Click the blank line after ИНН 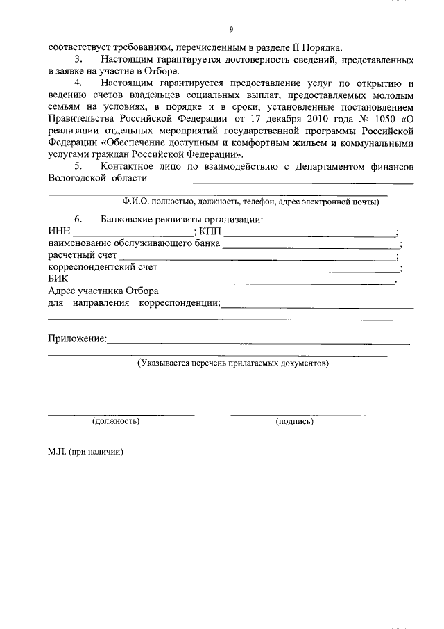pyautogui.click(x=133, y=234)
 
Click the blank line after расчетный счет pyautogui.click(x=257, y=257)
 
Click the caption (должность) pyautogui.click(x=116, y=421)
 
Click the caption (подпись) pyautogui.click(x=294, y=421)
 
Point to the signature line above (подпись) pyautogui.click(x=303, y=414)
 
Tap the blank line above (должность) pyautogui.click(x=121, y=414)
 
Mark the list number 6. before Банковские pyautogui.click(x=78, y=220)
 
